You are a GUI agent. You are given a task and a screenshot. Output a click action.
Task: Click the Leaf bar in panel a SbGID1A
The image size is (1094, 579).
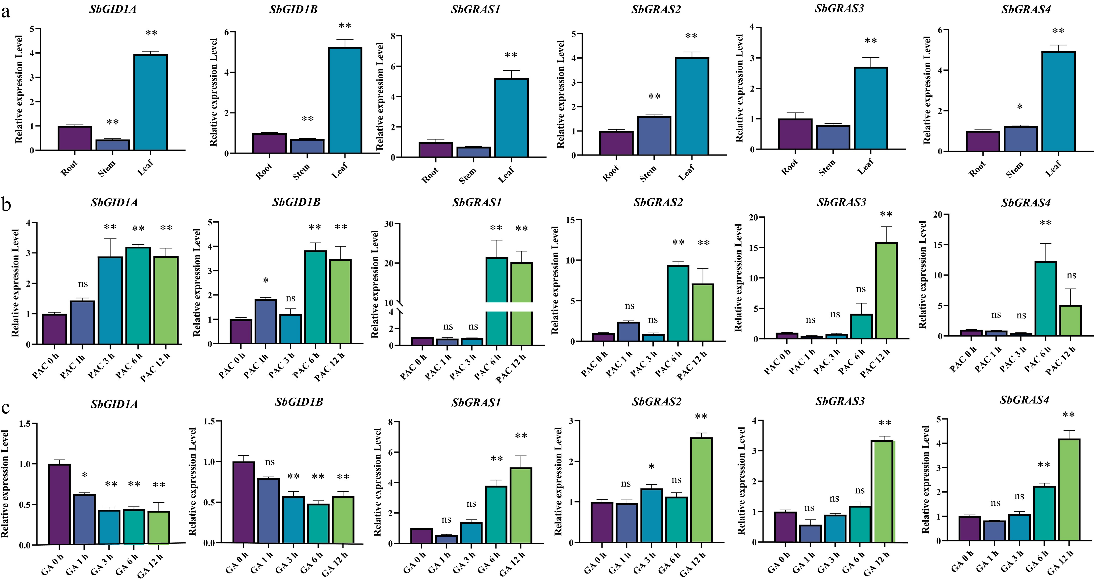[x=150, y=102]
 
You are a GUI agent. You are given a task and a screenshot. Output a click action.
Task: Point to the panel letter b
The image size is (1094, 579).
[x=6, y=205]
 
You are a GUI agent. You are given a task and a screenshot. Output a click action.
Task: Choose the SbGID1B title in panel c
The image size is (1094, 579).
[x=299, y=402]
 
